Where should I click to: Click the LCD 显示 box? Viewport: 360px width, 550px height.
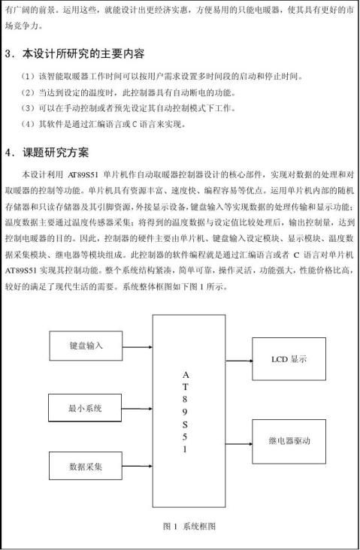point(289,359)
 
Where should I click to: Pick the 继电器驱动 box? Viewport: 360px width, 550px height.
point(289,440)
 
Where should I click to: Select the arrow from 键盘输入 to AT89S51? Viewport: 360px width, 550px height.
point(137,346)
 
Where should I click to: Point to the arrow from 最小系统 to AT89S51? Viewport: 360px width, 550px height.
point(137,408)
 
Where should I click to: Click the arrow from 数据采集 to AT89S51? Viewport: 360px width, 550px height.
point(137,467)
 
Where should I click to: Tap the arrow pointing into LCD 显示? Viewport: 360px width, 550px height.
point(234,359)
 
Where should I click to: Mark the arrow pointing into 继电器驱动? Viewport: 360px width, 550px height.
point(234,440)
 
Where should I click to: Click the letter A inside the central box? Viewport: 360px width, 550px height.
point(185,373)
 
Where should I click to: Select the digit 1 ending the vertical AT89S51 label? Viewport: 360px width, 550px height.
point(185,449)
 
